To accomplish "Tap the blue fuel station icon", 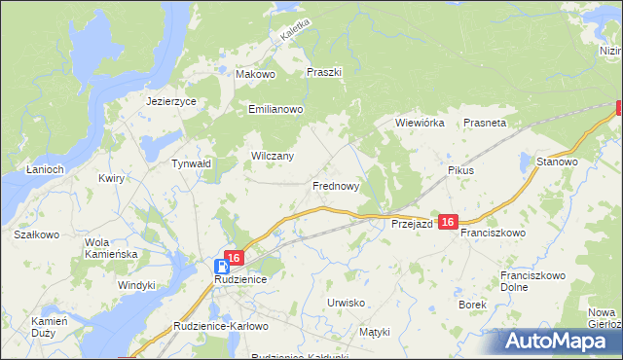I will click(223, 265).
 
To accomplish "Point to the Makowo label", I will click(257, 73).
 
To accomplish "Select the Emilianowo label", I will click(277, 110).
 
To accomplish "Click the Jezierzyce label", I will click(171, 101).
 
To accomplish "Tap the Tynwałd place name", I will click(192, 164).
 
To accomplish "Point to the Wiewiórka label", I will click(420, 124).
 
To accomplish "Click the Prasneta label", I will click(485, 124).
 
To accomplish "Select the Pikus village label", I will click(460, 170).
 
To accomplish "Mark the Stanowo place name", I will click(558, 162).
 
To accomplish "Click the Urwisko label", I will click(346, 303).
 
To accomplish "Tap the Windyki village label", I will click(136, 285).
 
